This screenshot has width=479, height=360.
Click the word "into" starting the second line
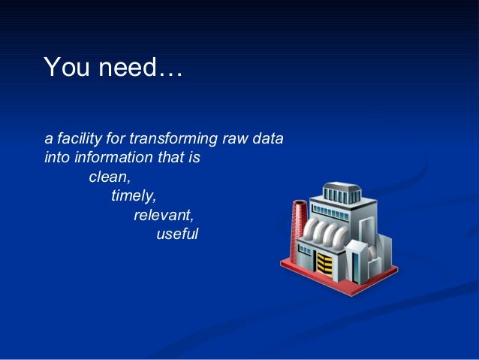[56, 159]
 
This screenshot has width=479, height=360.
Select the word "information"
[108, 159]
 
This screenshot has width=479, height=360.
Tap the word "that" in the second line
[166, 159]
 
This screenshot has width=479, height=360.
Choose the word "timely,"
[134, 197]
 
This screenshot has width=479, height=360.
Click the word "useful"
[177, 234]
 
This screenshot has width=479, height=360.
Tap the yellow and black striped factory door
[324, 264]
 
